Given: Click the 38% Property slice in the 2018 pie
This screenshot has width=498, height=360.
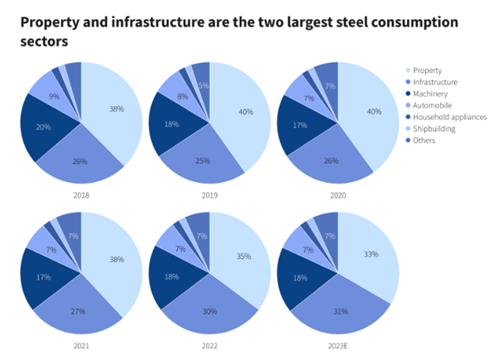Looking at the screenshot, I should (x=117, y=108).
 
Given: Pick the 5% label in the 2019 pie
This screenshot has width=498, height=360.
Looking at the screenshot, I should (x=203, y=85).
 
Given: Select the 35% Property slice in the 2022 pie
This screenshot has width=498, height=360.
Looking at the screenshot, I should (x=245, y=257).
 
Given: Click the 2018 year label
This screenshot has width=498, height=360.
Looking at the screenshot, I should (x=81, y=195).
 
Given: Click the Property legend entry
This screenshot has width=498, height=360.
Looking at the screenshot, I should (x=427, y=70).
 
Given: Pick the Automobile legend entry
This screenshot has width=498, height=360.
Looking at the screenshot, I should (x=431, y=105).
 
